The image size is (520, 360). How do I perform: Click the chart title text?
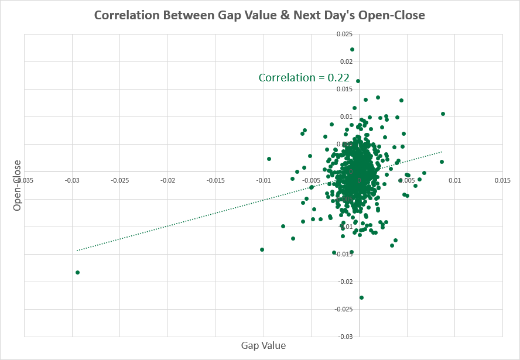[259, 15]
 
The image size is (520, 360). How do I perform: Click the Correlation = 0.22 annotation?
[304, 77]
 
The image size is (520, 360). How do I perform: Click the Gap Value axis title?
[264, 345]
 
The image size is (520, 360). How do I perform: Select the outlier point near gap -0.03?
[77, 272]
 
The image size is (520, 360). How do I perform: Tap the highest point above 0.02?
[352, 50]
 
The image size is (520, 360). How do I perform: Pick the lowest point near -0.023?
[361, 297]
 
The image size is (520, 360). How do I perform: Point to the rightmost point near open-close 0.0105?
[443, 114]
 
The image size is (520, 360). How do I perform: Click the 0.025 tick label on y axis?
[345, 35]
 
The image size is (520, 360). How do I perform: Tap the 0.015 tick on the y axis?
[345, 90]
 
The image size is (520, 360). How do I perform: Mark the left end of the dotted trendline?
[77, 251]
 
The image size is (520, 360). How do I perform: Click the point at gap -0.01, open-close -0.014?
[262, 249]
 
